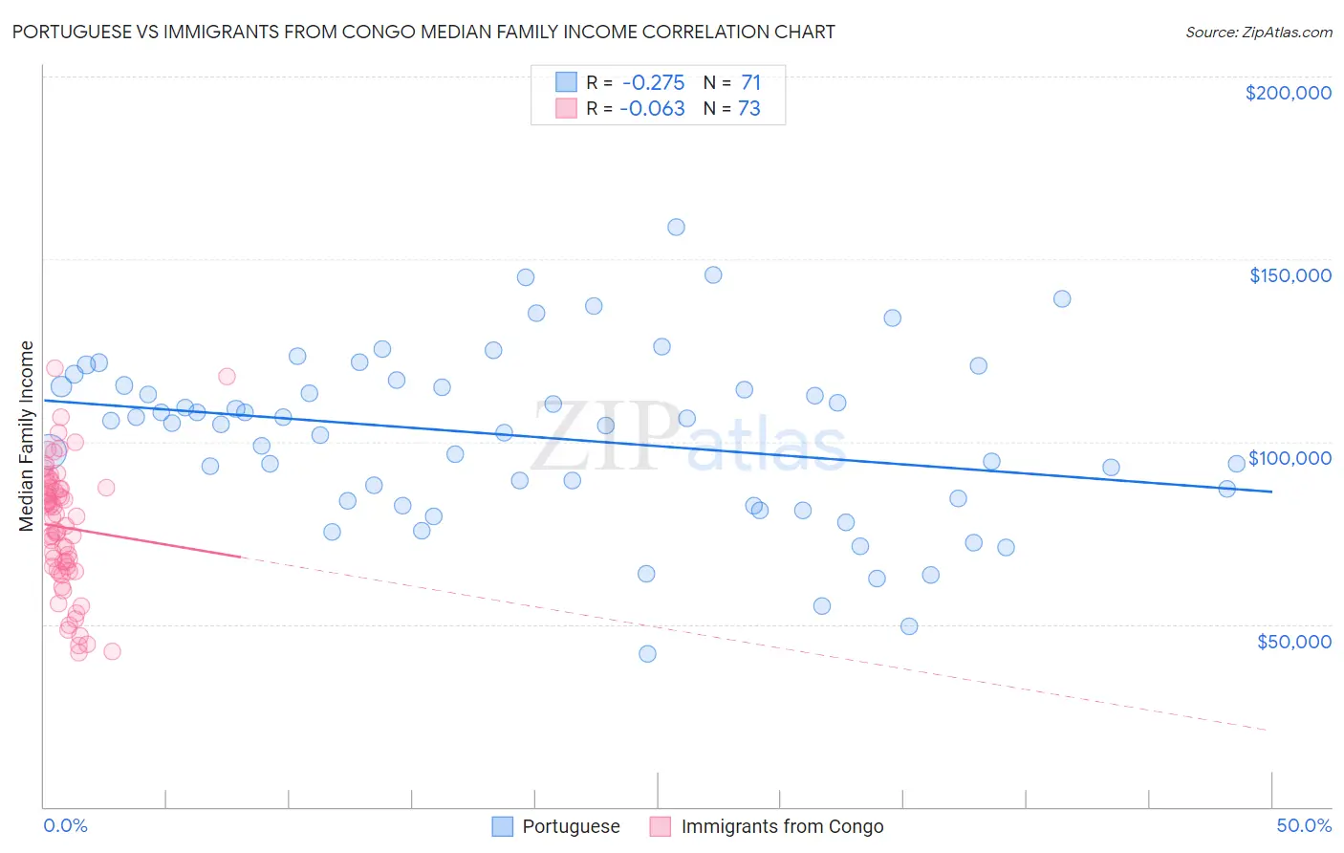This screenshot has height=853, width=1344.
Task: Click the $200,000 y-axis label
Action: pos(1288,93)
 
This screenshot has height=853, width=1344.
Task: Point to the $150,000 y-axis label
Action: pos(1290,275)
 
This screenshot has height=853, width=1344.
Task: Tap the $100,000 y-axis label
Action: pos(1290,458)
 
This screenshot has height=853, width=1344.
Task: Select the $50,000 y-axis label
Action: pos(1293,641)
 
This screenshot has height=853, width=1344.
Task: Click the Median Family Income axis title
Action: pos(27,436)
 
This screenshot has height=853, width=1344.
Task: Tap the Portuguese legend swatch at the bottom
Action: pos(503,827)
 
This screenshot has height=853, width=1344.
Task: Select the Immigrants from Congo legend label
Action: pos(782,827)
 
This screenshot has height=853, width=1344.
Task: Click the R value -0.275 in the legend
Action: pos(654,83)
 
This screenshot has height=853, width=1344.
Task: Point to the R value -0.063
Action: pos(652,109)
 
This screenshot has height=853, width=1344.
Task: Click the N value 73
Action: pos(748,109)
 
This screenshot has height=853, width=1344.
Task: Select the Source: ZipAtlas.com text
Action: pos(1258,33)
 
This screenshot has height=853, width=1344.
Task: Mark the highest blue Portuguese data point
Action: pos(676,228)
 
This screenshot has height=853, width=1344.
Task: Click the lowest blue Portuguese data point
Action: pos(647,654)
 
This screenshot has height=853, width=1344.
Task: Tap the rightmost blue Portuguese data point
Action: pos(1236,464)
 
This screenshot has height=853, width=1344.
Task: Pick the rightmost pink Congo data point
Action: pos(227,377)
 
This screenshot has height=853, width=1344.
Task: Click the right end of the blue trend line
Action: pos(1271,491)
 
